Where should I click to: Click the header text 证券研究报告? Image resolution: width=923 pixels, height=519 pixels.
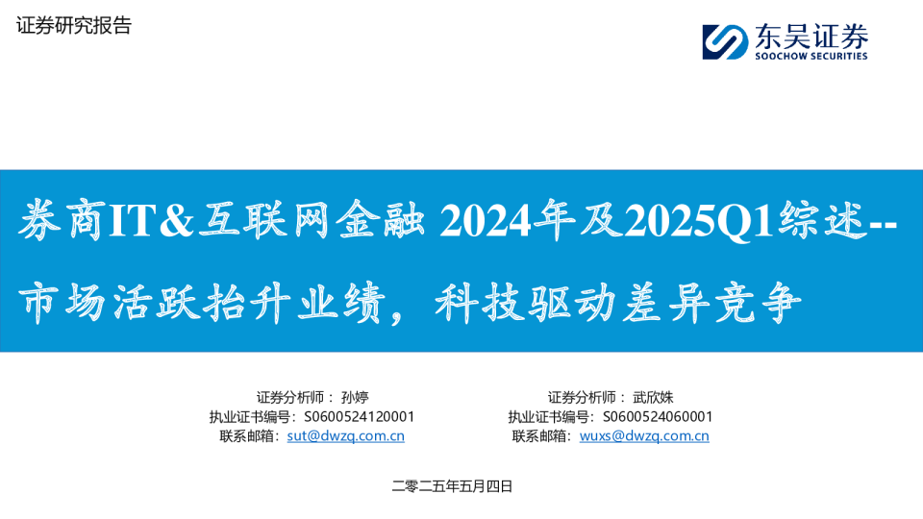(x=74, y=25)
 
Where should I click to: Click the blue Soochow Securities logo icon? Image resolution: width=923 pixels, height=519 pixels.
(x=725, y=41)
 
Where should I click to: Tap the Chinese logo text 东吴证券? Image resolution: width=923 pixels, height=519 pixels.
(x=811, y=36)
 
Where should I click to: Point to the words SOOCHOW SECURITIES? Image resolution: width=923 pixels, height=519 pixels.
(x=811, y=56)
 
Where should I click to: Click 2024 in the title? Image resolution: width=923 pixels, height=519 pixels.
(x=485, y=221)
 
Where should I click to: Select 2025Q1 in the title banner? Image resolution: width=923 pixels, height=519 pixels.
(x=699, y=221)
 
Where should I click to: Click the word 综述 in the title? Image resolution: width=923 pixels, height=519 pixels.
(x=822, y=220)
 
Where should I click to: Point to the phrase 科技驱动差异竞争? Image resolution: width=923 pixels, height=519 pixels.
(x=618, y=303)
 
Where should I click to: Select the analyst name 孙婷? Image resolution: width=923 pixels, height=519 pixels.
(x=355, y=397)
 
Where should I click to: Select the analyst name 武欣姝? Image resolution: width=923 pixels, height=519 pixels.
(x=653, y=397)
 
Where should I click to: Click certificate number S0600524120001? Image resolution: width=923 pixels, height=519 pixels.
(x=359, y=416)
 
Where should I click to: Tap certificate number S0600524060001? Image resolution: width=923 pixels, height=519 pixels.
(x=658, y=416)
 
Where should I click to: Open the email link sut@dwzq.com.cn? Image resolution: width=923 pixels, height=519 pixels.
(x=345, y=436)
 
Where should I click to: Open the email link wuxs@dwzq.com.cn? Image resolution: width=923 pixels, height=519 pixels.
(x=644, y=436)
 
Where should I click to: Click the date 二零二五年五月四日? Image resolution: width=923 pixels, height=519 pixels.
(x=452, y=486)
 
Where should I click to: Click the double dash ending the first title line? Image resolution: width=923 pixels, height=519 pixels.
(x=883, y=224)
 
